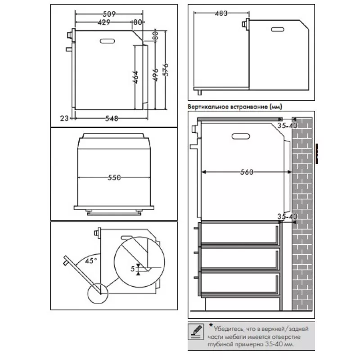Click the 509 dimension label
pos(109,14)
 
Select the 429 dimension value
pos(104,22)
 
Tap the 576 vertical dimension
pos(165,70)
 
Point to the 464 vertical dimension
pos(135,77)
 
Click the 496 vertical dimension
pos(155,75)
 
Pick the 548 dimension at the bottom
pos(112,118)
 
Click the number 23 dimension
pos(64,118)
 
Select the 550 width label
pos(114,177)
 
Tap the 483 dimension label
pos(221,13)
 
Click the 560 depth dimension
pos(247,172)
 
